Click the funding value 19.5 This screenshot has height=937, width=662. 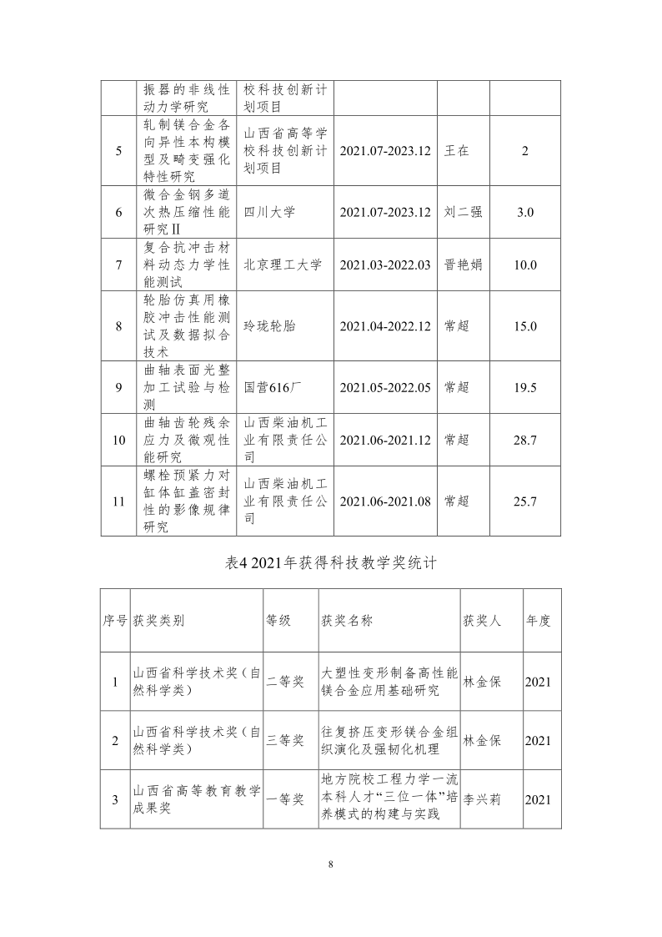[x=525, y=387]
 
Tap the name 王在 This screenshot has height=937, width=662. [x=458, y=151]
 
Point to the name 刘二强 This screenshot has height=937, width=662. [x=463, y=213]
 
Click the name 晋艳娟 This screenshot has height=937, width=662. [x=463, y=265]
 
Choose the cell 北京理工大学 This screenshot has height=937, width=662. [x=283, y=265]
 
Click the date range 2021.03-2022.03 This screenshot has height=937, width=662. [x=385, y=265]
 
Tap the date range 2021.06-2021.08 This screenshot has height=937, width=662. [x=385, y=501]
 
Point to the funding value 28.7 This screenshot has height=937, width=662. [x=525, y=440]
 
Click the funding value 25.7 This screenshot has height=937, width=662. [x=525, y=501]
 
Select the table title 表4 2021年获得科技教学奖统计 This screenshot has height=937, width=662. [x=331, y=564]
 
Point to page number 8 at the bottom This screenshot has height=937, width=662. [x=331, y=864]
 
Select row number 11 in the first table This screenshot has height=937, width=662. [x=118, y=501]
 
